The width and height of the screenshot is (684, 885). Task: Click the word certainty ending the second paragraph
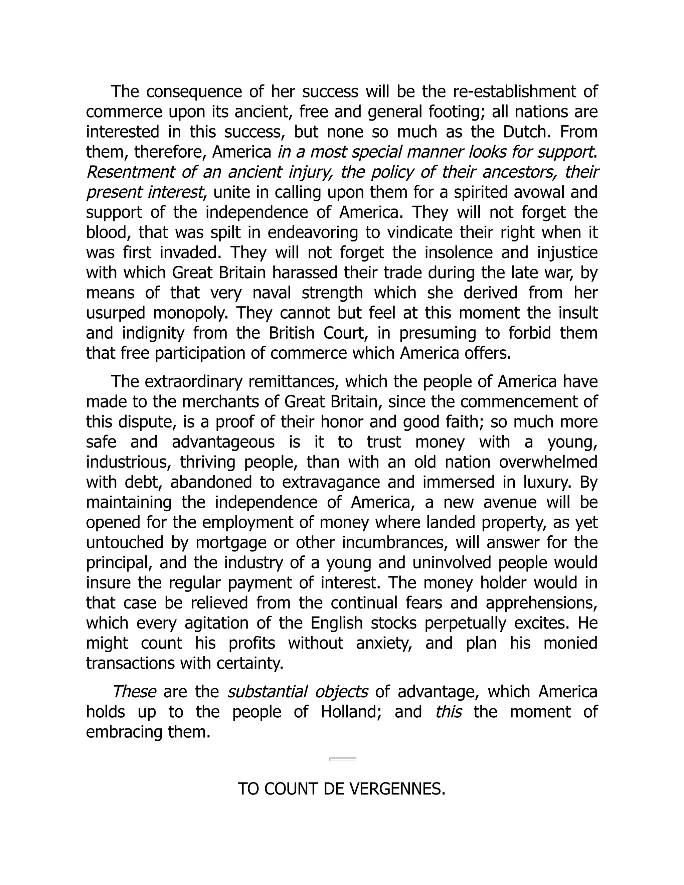click(249, 663)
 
